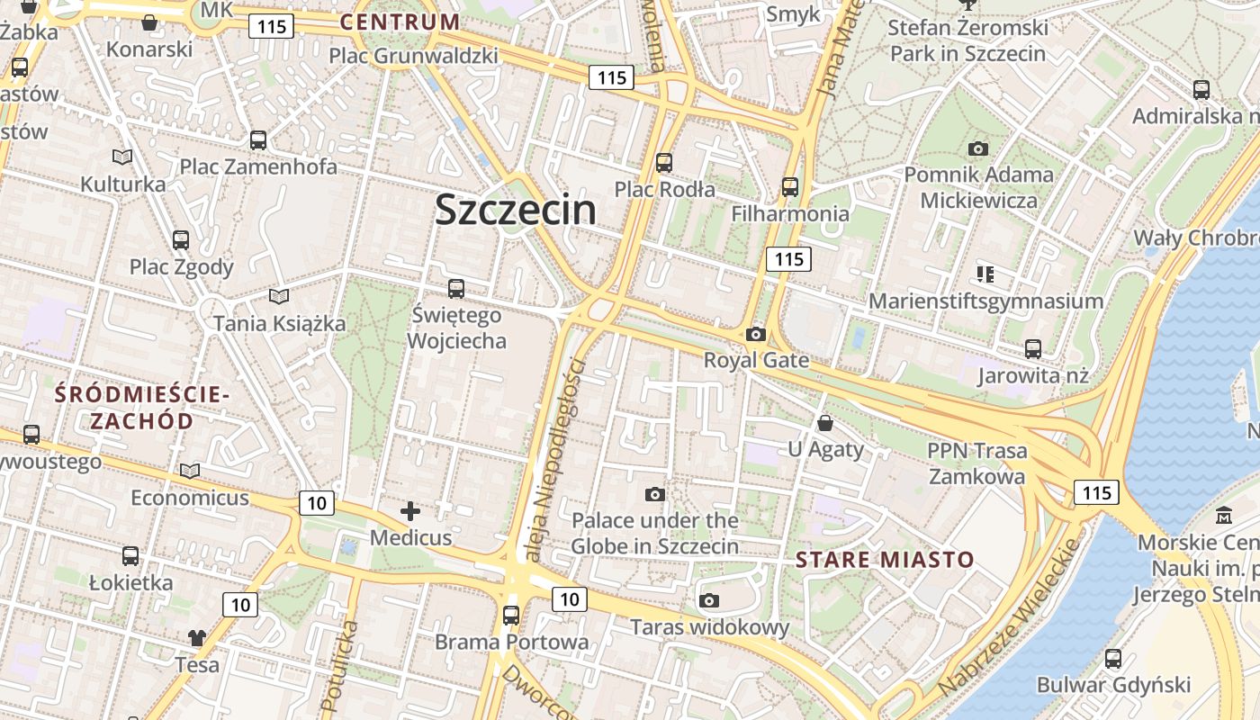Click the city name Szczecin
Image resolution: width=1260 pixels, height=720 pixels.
(x=515, y=210)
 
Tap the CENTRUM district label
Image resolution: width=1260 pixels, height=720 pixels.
(x=400, y=22)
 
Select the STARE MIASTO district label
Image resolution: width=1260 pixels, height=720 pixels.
(x=885, y=560)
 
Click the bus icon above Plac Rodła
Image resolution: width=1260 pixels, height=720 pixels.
(x=664, y=163)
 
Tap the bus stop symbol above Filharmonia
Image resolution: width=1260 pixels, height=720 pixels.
(x=790, y=187)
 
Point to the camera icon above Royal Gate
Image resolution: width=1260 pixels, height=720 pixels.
(x=756, y=335)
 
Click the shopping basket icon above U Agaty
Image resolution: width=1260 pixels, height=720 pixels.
(x=825, y=422)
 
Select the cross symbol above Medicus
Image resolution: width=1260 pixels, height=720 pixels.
(x=410, y=512)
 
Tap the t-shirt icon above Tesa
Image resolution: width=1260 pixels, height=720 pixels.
(x=197, y=638)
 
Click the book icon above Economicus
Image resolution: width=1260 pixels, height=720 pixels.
(x=190, y=471)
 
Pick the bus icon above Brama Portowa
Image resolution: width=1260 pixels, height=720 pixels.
(x=511, y=616)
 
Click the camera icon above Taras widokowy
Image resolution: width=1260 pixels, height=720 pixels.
(x=709, y=600)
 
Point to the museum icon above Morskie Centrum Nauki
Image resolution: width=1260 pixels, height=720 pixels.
(x=1224, y=516)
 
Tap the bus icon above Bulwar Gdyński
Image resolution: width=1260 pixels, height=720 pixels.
(x=1113, y=659)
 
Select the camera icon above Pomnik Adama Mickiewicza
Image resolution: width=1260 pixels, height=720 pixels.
(x=978, y=148)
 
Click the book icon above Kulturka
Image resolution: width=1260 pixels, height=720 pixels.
(x=122, y=157)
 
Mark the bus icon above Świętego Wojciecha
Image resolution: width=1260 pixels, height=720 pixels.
(x=456, y=289)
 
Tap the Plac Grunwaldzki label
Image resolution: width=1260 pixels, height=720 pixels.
(x=413, y=56)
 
